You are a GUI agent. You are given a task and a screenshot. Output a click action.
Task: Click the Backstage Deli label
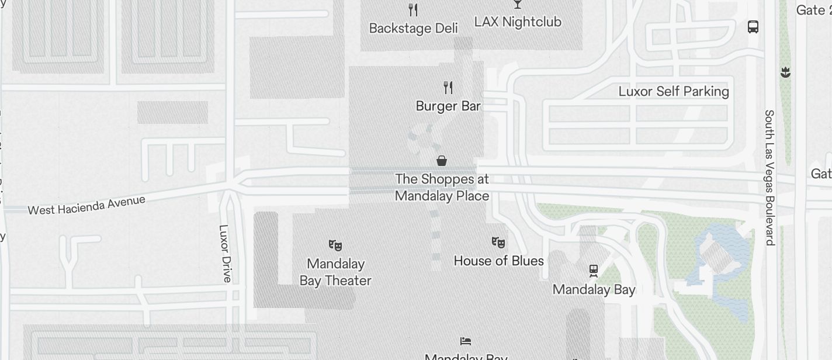coord(413,28)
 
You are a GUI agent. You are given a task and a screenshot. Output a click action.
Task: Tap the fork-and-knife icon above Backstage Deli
coord(413,9)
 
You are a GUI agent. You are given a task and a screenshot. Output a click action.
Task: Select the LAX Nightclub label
coord(518,22)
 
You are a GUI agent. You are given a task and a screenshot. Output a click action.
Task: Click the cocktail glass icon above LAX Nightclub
coord(517,4)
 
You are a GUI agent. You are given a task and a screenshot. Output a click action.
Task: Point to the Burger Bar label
coord(448,106)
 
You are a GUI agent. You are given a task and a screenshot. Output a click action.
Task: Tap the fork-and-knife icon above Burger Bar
coord(448,88)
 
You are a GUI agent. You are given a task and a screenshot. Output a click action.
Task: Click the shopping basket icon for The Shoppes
coord(442,161)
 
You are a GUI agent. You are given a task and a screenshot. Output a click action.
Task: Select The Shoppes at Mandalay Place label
coord(442,187)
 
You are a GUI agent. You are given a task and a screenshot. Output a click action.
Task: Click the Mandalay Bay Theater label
coord(335,272)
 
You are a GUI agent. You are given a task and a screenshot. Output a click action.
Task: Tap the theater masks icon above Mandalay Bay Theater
coord(335,245)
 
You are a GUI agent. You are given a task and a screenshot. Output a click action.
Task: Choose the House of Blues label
coord(498,261)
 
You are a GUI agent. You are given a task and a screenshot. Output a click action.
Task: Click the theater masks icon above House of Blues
coord(498,242)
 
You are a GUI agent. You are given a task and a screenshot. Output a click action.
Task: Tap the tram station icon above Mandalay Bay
coord(594,270)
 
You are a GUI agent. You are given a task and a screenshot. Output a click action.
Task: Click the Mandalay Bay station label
coord(594,289)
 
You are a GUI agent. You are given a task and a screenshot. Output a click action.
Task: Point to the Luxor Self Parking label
coord(674,91)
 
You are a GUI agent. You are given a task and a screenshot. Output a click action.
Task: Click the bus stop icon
coord(753,26)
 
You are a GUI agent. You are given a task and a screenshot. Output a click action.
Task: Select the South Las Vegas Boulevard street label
coord(769,177)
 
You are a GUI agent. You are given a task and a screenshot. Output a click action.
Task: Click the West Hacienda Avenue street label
coord(86,205)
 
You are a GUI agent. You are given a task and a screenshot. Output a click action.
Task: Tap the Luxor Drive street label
coord(224,253)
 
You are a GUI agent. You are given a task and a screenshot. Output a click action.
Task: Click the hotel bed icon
coord(466,341)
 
